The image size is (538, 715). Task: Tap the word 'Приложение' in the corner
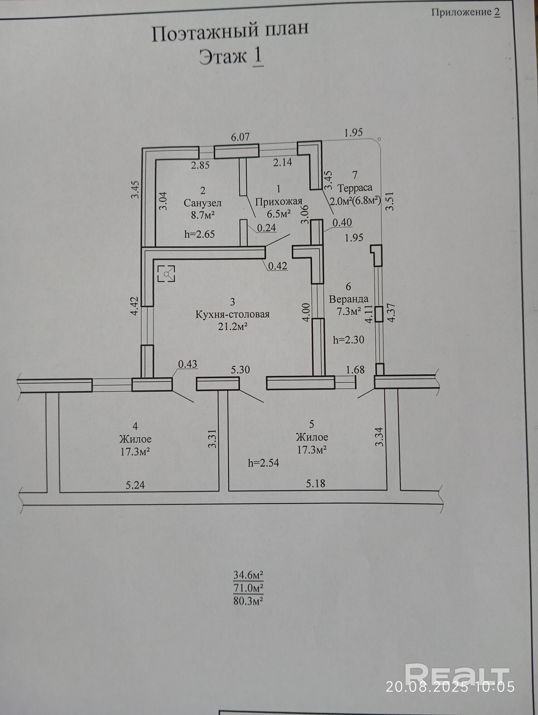tap(461, 12)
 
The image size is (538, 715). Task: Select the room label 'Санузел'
tap(202, 203)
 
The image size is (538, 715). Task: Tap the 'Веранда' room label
tap(349, 299)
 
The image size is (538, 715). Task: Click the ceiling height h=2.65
tap(199, 234)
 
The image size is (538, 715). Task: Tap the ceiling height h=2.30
tap(349, 340)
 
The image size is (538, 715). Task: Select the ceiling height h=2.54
tap(263, 463)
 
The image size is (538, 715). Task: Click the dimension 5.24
tap(135, 485)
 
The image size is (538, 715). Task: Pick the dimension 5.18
tap(316, 484)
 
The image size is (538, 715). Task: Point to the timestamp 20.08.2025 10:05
tap(450, 687)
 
